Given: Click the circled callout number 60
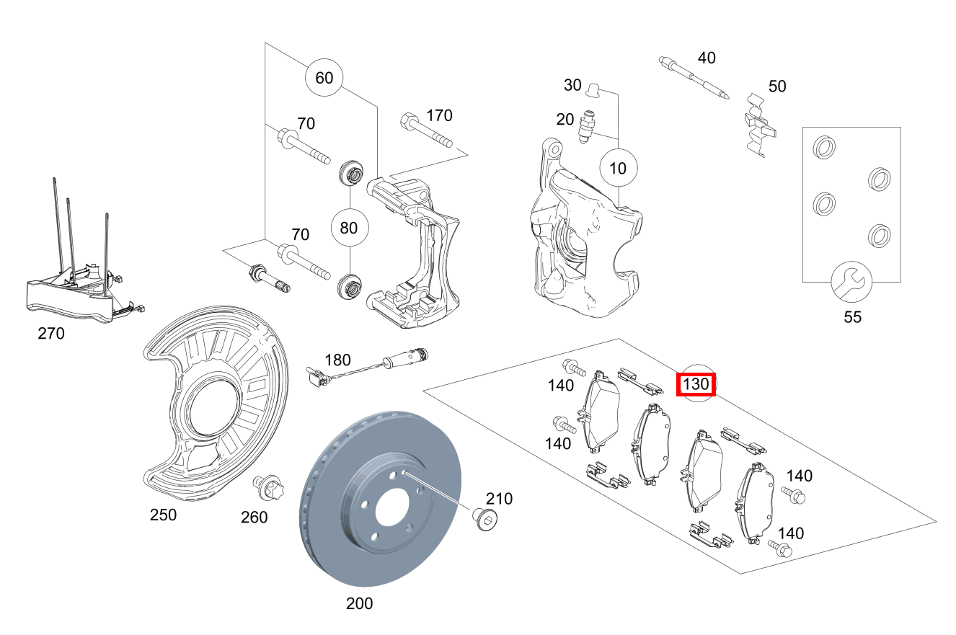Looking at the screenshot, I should (324, 77).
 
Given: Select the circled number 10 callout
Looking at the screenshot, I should (619, 169).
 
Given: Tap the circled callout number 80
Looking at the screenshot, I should (349, 228).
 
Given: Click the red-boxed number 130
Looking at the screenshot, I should (696, 384).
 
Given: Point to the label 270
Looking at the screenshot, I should (50, 334).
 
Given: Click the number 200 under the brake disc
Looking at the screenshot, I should (359, 603).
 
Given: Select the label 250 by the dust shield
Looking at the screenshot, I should (163, 515).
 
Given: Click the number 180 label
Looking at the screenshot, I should (337, 360).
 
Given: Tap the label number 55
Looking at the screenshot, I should (852, 316).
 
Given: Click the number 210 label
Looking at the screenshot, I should (499, 498).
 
